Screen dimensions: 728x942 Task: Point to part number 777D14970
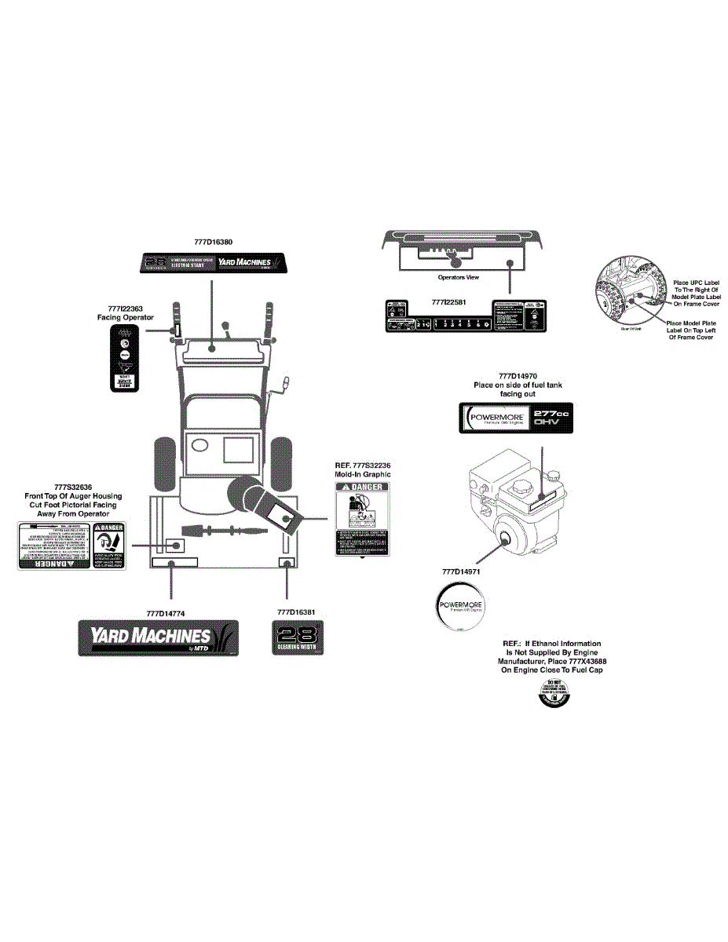click(517, 376)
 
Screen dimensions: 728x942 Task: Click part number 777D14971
click(461, 571)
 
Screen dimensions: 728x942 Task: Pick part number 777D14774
click(166, 612)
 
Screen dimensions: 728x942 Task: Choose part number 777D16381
click(296, 611)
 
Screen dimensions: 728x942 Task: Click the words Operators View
click(458, 277)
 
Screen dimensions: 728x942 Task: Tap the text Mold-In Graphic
click(362, 474)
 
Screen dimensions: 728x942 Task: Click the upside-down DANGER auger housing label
click(71, 545)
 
